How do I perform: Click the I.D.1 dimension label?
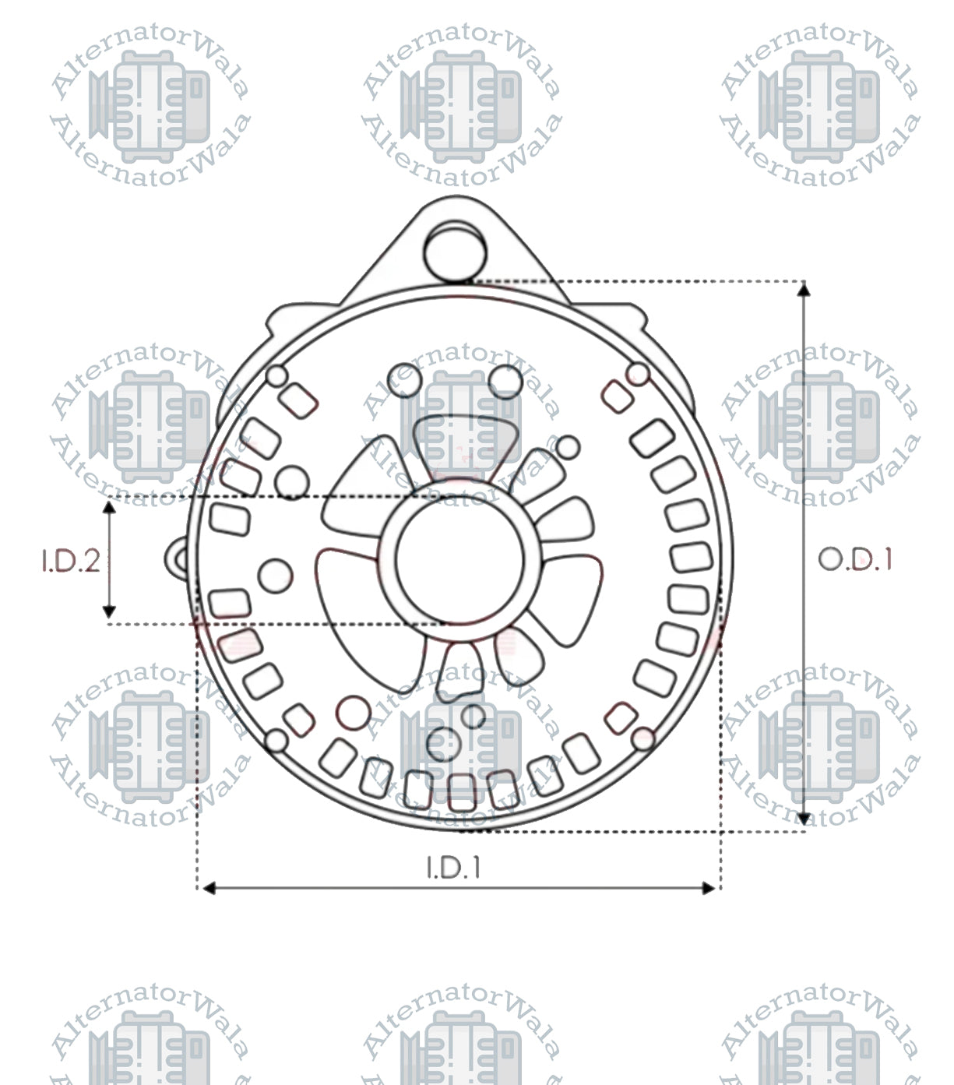pyautogui.click(x=453, y=867)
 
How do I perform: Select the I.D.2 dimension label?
pyautogui.click(x=71, y=561)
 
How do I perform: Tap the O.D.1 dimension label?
pyautogui.click(x=855, y=559)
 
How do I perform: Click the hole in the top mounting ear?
pyautogui.click(x=456, y=251)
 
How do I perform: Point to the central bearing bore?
pyautogui.click(x=459, y=561)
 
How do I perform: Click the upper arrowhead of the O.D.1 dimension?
pyautogui.click(x=804, y=290)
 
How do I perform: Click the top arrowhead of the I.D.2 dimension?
pyautogui.click(x=110, y=509)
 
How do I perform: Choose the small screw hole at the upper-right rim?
pyautogui.click(x=638, y=372)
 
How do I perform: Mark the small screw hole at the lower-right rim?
pyautogui.click(x=643, y=738)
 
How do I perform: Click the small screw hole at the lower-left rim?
pyautogui.click(x=276, y=741)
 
